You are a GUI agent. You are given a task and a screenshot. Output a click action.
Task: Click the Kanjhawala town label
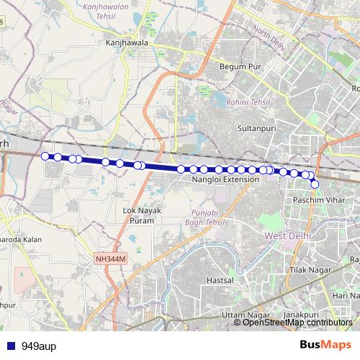(x=127, y=42)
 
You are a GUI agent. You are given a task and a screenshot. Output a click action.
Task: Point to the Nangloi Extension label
(x=225, y=179)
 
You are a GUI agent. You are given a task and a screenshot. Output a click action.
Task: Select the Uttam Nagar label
(x=242, y=316)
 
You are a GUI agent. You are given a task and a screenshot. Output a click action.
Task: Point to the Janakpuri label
(x=301, y=315)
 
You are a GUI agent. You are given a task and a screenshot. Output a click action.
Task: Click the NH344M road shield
(x=111, y=256)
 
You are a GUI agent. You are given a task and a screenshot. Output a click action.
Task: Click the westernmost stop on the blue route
(x=45, y=156)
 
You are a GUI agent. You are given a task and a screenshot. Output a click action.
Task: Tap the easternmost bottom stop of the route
(x=315, y=184)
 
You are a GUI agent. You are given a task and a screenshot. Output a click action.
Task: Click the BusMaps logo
(x=326, y=344)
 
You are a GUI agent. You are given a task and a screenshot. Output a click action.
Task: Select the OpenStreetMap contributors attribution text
(x=297, y=322)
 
